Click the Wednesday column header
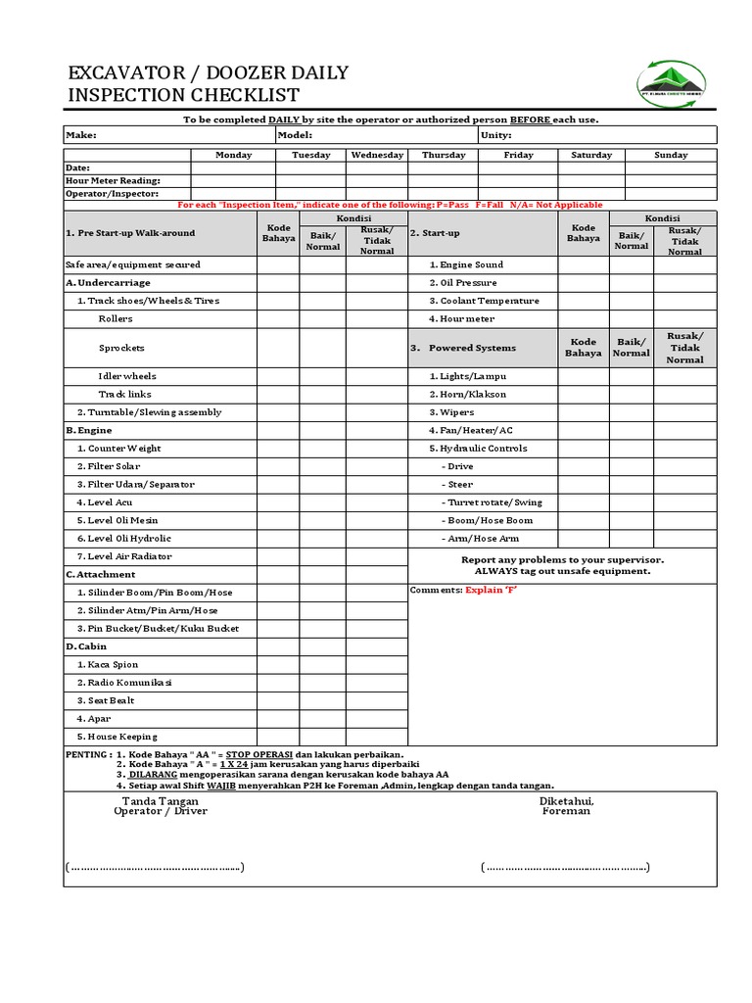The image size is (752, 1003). [377, 155]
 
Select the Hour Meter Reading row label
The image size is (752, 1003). [112, 180]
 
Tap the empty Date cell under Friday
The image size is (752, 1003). [518, 167]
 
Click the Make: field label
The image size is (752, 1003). [81, 135]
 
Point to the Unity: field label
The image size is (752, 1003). [502, 135]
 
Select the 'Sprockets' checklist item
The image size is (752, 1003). [121, 348]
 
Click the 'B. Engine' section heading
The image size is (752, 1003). [89, 430]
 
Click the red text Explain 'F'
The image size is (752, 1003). [491, 591]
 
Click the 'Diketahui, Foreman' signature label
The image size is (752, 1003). [566, 806]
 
